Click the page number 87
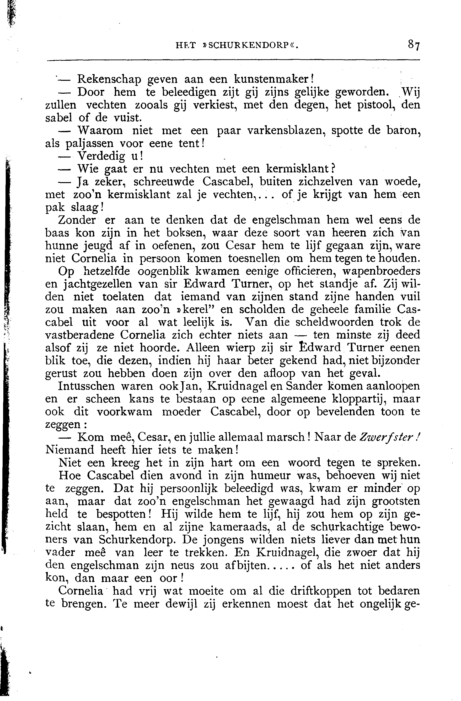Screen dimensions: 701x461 413,46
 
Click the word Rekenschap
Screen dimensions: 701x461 109,80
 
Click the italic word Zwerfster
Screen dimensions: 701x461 386,437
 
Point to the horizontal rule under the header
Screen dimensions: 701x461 233,61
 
